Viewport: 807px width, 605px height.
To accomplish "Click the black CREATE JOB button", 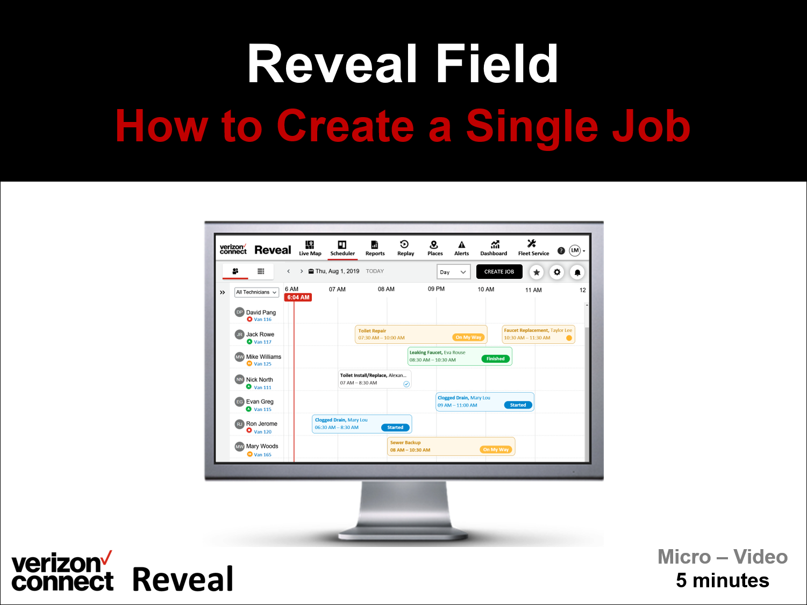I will pos(499,272).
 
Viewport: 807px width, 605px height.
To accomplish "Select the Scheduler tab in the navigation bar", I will pos(342,248).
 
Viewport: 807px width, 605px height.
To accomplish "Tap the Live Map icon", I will pos(310,245).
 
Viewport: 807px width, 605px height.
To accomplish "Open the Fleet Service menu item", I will pos(533,248).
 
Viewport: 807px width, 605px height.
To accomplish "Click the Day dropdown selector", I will pos(453,272).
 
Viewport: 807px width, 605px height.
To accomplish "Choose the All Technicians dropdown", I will pos(256,292).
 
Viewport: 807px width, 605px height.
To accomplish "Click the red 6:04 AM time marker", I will pos(298,297).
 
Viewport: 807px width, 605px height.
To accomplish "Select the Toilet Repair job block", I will pos(403,334).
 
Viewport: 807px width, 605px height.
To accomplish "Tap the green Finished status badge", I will pos(495,359).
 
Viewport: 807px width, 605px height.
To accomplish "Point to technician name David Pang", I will pos(261,312).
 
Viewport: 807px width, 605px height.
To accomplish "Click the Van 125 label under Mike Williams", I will pos(262,364).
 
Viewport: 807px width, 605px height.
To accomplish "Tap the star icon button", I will pos(536,272).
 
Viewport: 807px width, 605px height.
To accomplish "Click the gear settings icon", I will pos(557,272).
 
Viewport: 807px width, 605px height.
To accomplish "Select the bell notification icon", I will pos(577,272).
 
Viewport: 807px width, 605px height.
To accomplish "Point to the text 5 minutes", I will pos(722,580).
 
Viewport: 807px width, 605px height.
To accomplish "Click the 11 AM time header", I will pos(533,290).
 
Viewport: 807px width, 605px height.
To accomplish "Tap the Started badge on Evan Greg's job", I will pos(518,405).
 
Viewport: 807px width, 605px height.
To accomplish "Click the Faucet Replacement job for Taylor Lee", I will pos(538,334).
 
